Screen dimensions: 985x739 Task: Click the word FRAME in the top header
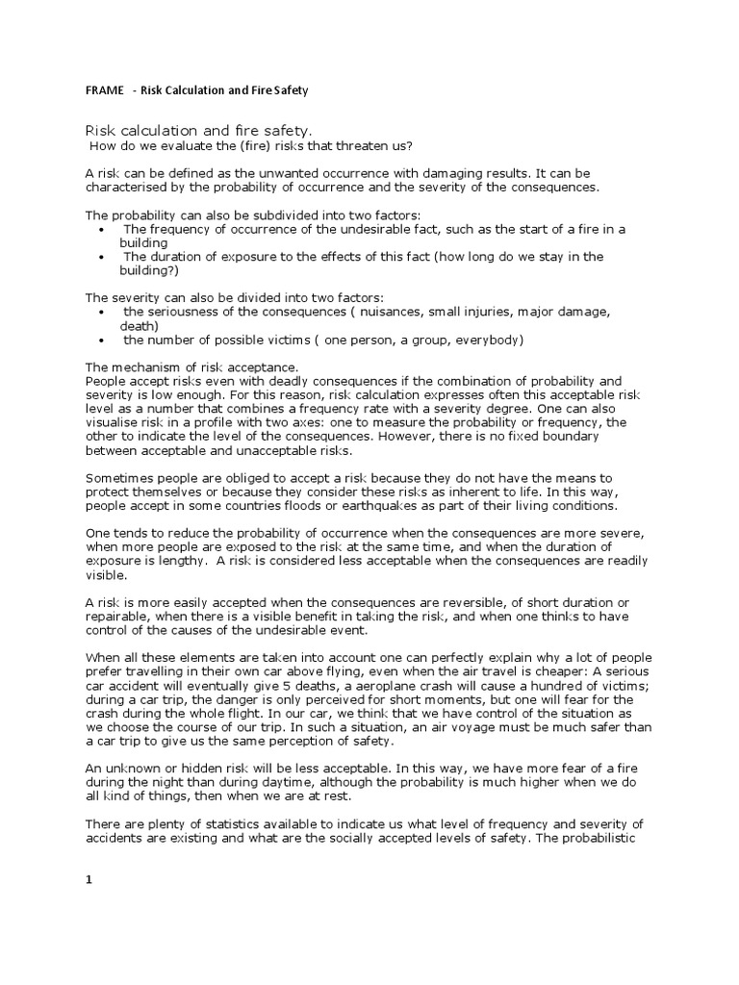pos(105,90)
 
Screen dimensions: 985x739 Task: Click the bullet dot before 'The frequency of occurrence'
pos(103,230)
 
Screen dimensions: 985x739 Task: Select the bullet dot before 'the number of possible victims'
pos(103,340)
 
